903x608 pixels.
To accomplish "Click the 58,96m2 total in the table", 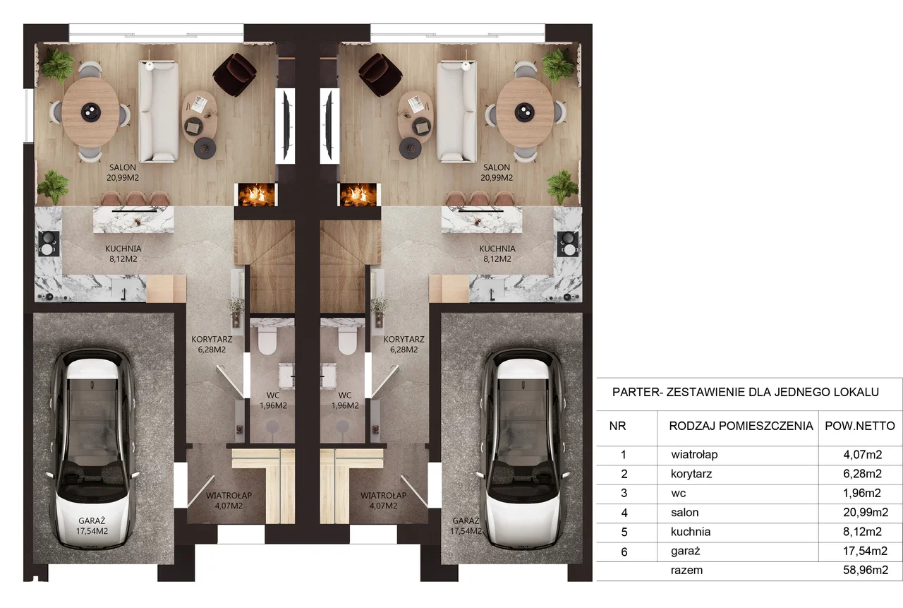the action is click(x=866, y=570).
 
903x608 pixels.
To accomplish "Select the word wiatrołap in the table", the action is click(x=694, y=455).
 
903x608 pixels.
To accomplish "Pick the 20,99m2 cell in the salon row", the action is click(x=866, y=513).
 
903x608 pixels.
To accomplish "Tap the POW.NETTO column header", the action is click(x=860, y=426).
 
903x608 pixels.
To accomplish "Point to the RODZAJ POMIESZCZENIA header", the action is click(x=741, y=426).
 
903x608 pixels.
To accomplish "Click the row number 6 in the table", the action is click(x=624, y=552).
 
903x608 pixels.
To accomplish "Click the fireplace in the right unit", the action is click(x=358, y=195).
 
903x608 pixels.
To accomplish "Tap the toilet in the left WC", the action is click(x=267, y=340).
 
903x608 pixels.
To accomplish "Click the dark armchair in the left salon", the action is click(x=235, y=75).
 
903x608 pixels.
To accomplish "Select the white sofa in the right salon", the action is click(x=456, y=112).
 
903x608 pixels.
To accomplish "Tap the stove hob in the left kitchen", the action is click(x=48, y=244).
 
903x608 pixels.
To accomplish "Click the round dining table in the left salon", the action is click(x=91, y=112).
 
